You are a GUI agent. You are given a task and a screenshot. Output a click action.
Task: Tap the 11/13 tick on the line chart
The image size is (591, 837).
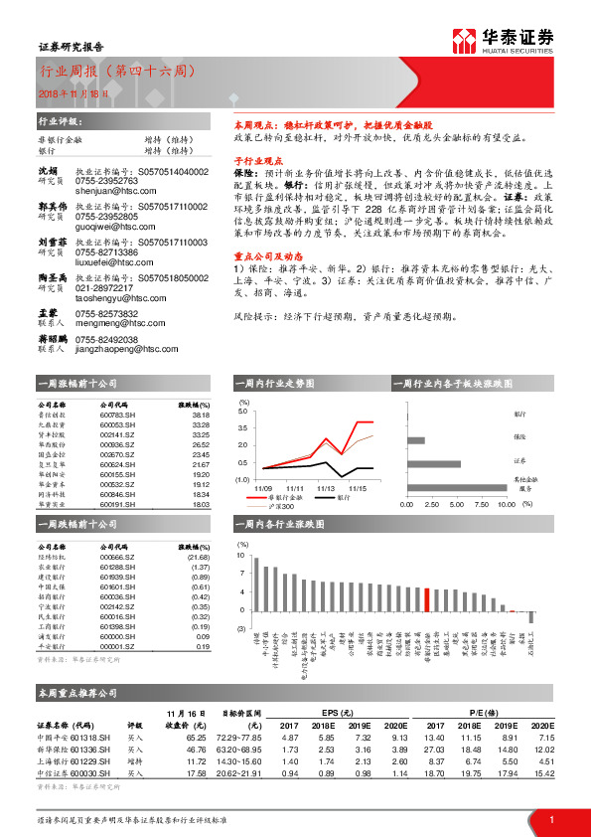coord(326,488)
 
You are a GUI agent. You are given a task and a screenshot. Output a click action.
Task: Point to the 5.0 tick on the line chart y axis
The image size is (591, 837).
coord(244,411)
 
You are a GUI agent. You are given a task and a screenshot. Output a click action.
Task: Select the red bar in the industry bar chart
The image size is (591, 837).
coord(427,599)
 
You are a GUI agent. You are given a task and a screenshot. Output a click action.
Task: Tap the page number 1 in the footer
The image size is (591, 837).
coord(549,819)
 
